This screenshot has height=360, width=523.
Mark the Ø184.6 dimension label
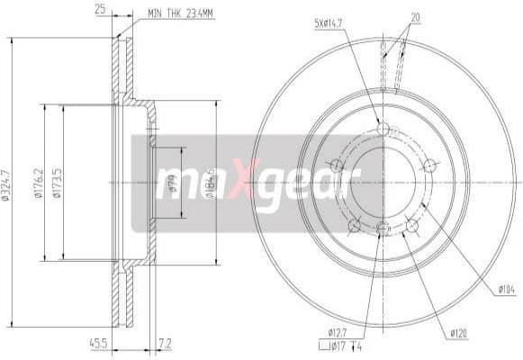pos(211,181)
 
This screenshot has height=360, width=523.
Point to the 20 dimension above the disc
pos(413,17)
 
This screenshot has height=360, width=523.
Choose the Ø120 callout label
pos(459,334)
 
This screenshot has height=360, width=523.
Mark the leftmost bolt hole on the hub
pos(338,165)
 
